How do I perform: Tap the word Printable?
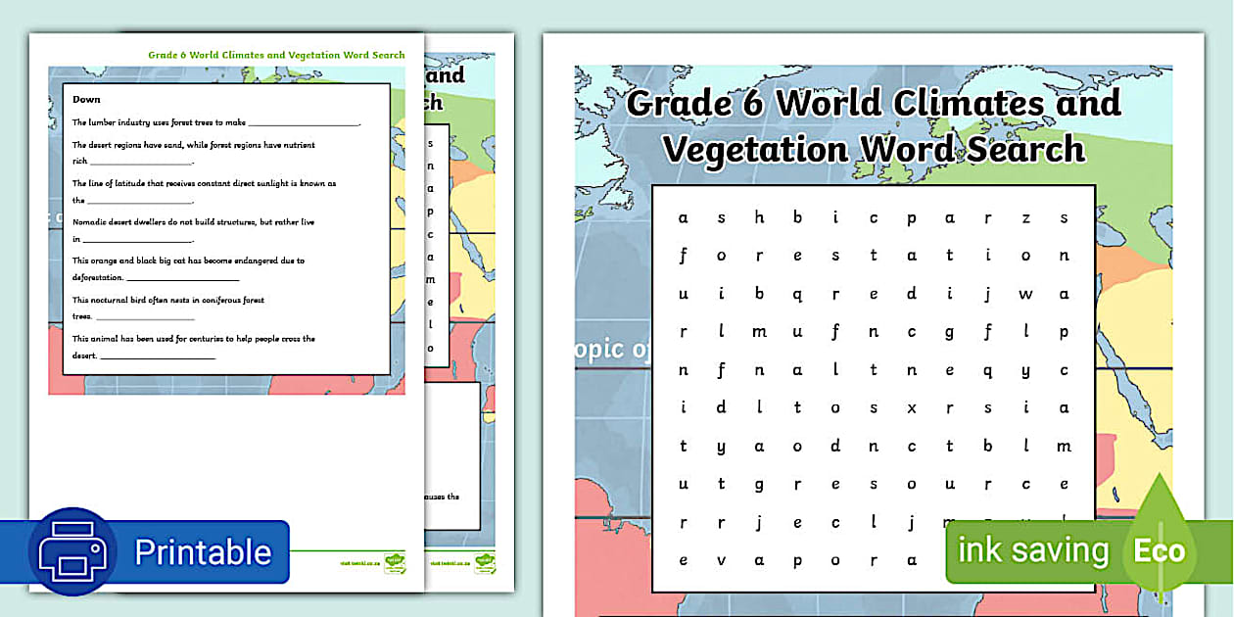click(x=203, y=552)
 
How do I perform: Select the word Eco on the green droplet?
click(x=1160, y=550)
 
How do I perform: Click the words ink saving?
click(x=1033, y=550)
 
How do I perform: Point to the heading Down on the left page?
click(x=86, y=99)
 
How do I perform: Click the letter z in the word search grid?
click(x=1025, y=217)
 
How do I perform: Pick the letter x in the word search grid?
click(x=912, y=408)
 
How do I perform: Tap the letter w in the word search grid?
click(x=1025, y=294)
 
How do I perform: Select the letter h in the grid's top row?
click(x=759, y=217)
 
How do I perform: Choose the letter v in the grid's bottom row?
click(x=722, y=561)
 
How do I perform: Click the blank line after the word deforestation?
click(x=182, y=279)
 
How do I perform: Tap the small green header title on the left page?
click(x=276, y=55)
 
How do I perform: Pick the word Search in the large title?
click(x=1024, y=150)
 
